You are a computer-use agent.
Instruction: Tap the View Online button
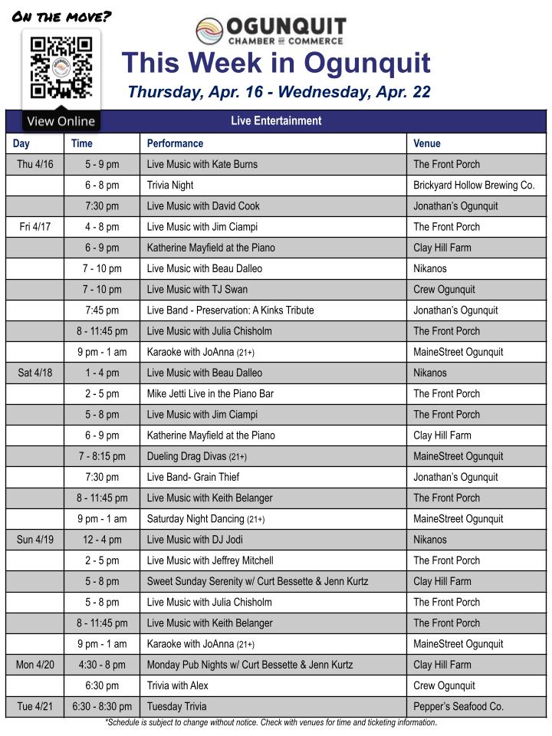pos(61,121)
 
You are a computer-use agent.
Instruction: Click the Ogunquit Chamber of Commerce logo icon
pos(209,31)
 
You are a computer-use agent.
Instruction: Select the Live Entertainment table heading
pos(276,121)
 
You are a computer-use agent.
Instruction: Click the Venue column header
pos(427,143)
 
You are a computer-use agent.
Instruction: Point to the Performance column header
pos(175,143)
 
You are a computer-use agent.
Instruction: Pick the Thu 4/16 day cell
pos(35,164)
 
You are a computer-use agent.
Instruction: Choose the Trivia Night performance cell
pos(170,185)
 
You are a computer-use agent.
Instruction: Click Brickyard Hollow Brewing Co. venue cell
pos(474,185)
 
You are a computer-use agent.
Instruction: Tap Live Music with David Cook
pos(203,205)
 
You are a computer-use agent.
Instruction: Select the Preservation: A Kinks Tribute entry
pos(230,310)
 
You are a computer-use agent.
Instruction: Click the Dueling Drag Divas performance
pos(197,456)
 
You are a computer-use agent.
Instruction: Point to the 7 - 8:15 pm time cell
pos(102,456)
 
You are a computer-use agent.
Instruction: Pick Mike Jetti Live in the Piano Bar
pos(210,393)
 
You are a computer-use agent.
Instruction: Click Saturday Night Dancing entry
pos(205,518)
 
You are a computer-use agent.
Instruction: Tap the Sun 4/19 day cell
pos(35,540)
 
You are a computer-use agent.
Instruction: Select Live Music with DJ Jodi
pos(195,540)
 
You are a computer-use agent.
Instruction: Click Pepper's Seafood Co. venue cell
pos(458,706)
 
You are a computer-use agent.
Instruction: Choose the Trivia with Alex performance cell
pos(178,685)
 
